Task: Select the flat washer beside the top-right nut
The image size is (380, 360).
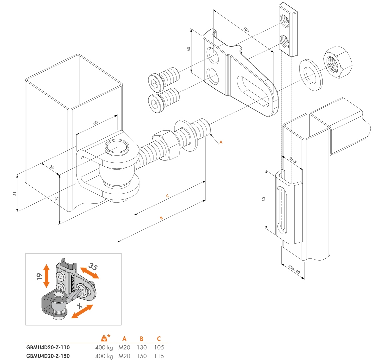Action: pos(310,71)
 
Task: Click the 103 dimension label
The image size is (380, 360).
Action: pos(246,30)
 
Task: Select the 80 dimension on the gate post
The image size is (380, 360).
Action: pos(264,199)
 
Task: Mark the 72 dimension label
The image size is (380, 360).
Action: pos(57,199)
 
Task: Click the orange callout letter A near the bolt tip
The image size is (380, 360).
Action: pos(221,142)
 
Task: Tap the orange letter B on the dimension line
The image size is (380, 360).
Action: pos(161,218)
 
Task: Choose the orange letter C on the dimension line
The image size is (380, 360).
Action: pos(167,196)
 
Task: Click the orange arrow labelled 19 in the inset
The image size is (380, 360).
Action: pos(46,276)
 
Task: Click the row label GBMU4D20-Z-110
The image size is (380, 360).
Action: pos(48,347)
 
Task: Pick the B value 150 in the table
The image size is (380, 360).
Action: pos(141,356)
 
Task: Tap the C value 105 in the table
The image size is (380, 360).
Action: pos(159,347)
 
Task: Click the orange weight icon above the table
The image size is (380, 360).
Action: pos(104,338)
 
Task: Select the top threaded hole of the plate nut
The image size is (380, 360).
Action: pos(286,21)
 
